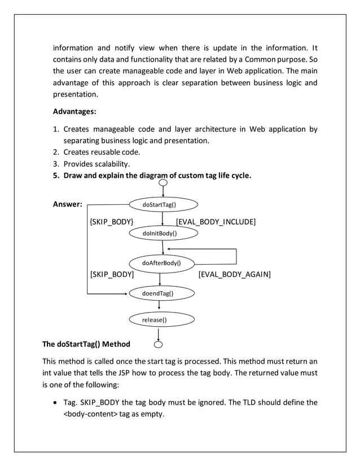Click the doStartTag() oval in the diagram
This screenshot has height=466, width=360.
[163, 204]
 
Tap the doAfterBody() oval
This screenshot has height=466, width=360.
[161, 262]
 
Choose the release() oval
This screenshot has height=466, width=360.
[161, 320]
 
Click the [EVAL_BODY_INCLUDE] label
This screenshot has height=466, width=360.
[216, 221]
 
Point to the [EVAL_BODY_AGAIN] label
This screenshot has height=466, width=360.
[234, 275]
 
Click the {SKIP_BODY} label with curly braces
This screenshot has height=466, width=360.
[112, 221]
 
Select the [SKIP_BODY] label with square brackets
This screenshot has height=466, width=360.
[112, 275]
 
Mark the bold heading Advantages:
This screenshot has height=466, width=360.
[74, 111]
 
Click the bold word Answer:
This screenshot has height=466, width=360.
[67, 204]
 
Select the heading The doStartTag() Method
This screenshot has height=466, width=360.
[86, 344]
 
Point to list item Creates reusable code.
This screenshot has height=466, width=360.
[102, 152]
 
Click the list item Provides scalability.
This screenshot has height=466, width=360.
[96, 164]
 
